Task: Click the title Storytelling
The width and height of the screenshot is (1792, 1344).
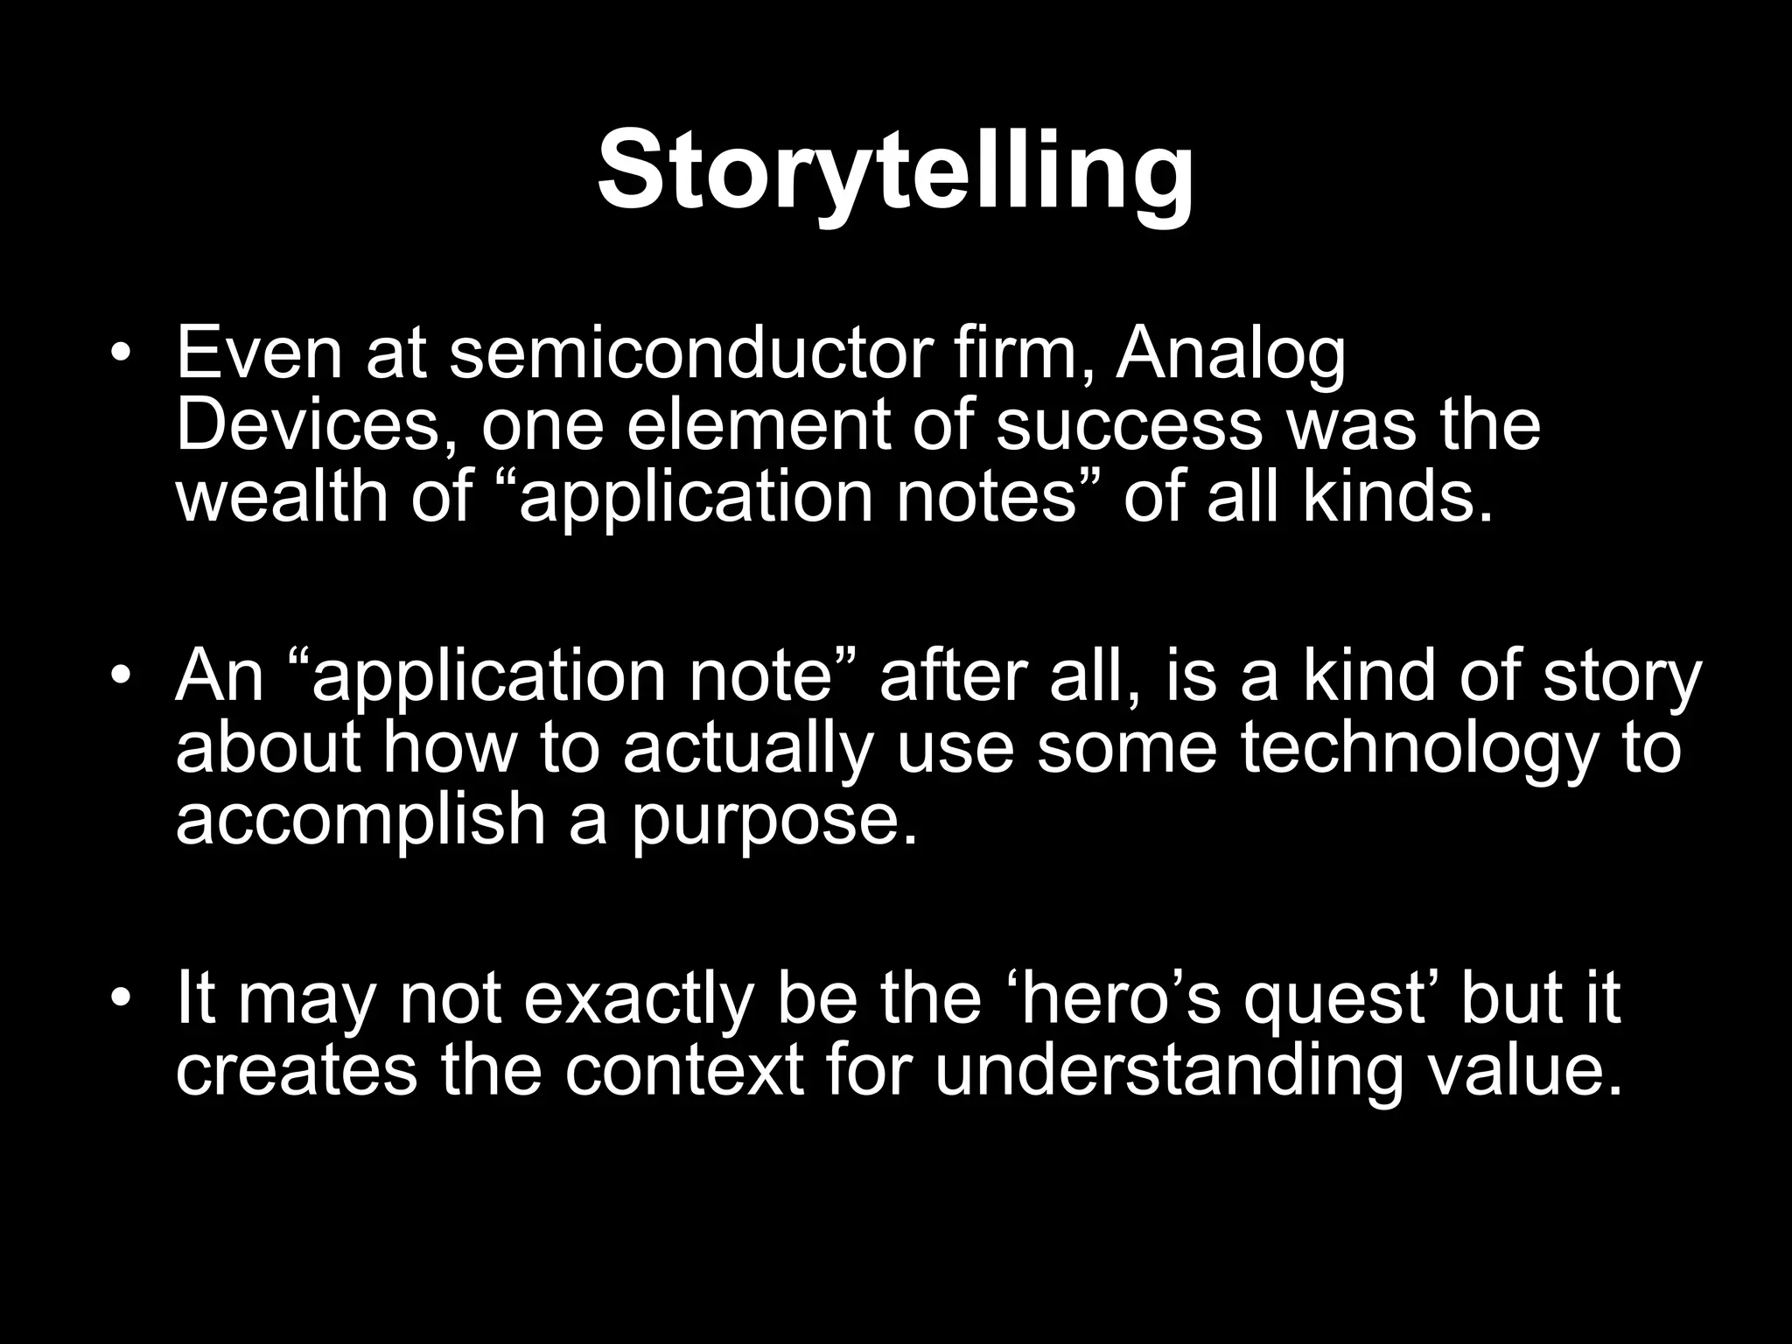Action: point(895,171)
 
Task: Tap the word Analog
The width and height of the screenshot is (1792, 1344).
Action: point(1230,354)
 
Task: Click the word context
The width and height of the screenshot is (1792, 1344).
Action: point(683,1071)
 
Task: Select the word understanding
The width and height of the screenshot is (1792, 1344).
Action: point(1168,1071)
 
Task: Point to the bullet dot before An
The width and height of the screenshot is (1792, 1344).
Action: point(121,678)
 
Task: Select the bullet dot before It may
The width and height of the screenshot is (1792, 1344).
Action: point(121,1000)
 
